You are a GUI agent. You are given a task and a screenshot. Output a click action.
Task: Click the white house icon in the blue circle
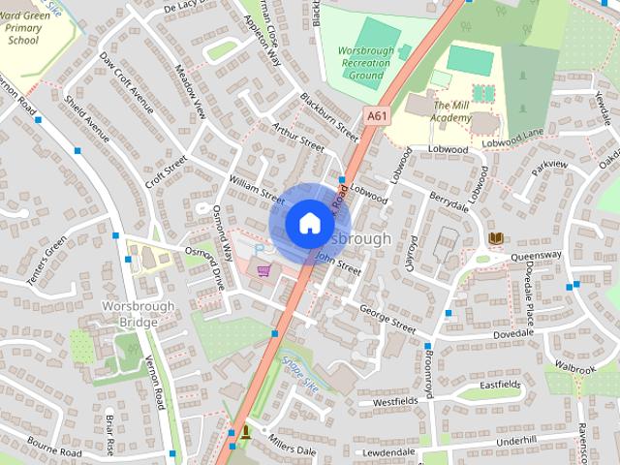(x=308, y=223)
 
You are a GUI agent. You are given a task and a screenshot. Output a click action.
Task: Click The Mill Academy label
(x=452, y=111)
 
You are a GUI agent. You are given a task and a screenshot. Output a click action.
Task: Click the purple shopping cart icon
(x=262, y=268)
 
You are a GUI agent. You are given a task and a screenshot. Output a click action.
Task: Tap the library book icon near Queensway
(x=495, y=238)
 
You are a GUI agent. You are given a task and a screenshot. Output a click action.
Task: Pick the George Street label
(x=387, y=319)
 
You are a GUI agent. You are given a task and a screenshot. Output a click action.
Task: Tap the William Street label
(x=256, y=186)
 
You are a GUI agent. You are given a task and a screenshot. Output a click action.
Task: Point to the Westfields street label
(x=394, y=401)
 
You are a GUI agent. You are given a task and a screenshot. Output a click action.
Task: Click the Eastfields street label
(x=500, y=385)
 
